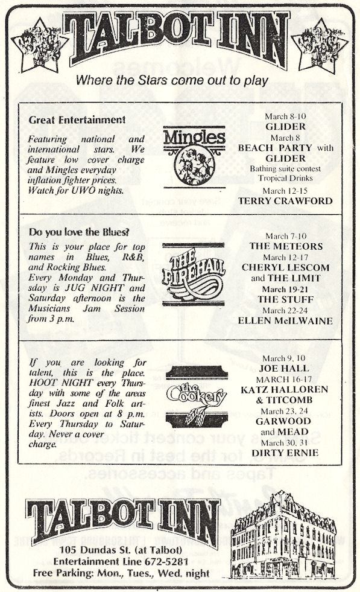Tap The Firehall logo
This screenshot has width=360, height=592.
click(193, 274)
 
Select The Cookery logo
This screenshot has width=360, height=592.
click(196, 396)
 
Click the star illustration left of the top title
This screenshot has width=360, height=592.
click(40, 46)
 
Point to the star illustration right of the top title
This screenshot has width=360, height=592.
click(320, 46)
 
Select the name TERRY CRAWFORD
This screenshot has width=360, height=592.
click(285, 201)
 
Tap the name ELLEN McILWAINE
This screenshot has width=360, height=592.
click(285, 321)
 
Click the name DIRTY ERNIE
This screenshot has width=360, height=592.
click(285, 453)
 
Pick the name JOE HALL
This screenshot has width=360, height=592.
click(284, 368)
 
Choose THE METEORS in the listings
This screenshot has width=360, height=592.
click(286, 246)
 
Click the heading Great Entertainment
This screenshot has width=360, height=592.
click(77, 120)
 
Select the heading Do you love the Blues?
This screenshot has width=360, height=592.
click(79, 232)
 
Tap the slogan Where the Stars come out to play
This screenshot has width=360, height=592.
click(172, 80)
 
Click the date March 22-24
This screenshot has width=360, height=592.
click(285, 310)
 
